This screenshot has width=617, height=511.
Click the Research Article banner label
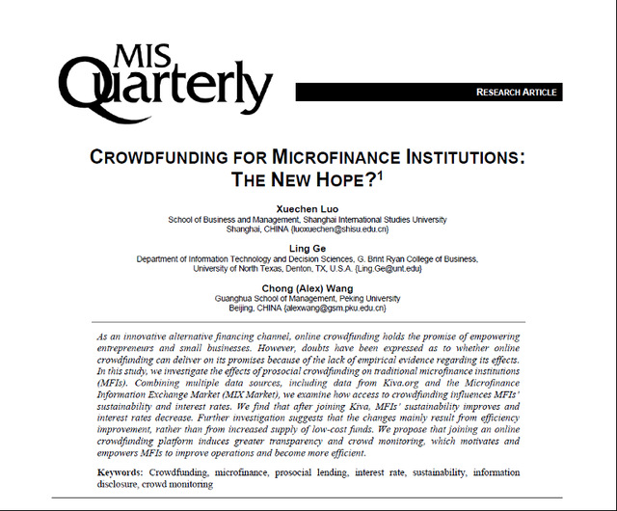coord(516,93)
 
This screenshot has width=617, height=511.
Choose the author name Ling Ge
coord(308,248)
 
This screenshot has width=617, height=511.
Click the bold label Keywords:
coord(121,472)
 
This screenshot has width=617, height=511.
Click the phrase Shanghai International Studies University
coord(373,219)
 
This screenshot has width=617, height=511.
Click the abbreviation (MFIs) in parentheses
coord(113,383)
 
